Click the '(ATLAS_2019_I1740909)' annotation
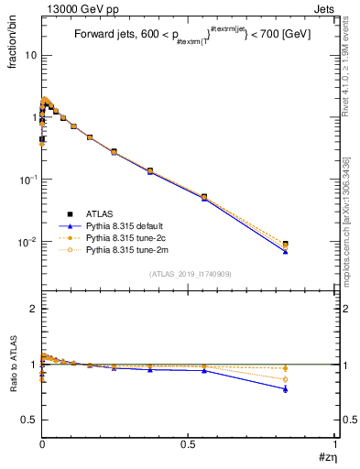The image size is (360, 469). click(x=189, y=274)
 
